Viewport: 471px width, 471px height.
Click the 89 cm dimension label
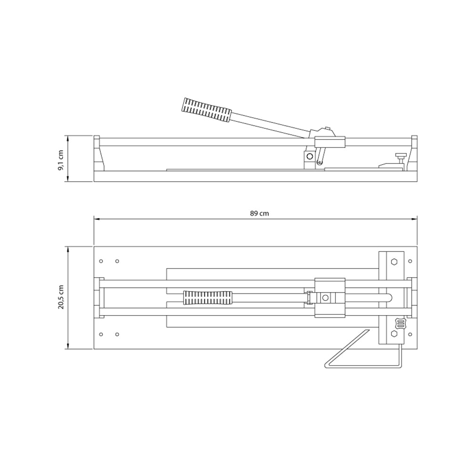pyautogui.click(x=259, y=213)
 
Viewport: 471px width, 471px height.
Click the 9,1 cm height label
pyautogui.click(x=61, y=160)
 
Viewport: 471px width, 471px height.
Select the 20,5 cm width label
pyautogui.click(x=61, y=297)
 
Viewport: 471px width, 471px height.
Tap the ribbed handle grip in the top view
pyautogui.click(x=208, y=298)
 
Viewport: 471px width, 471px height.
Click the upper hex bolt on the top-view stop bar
pyautogui.click(x=394, y=261)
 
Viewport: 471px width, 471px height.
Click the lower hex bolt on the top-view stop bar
pyautogui.click(x=394, y=334)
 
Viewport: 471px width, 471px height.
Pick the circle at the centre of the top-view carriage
pyautogui.click(x=325, y=298)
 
